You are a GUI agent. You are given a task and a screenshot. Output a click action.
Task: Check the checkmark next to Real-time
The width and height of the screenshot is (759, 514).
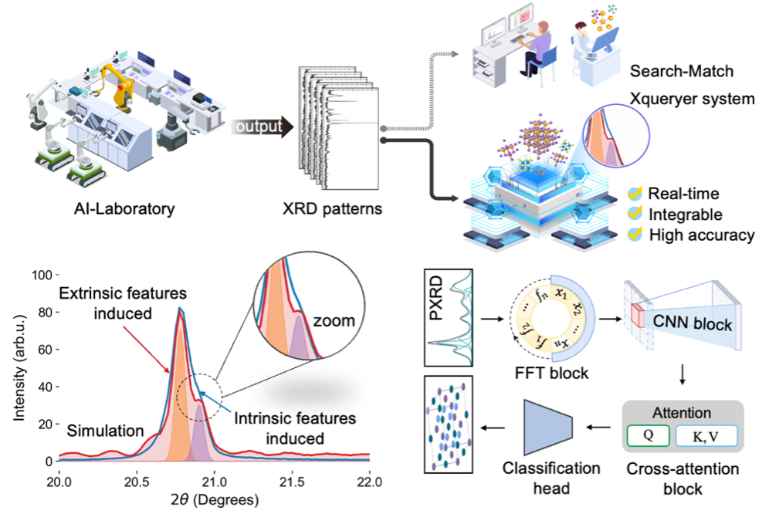point(635,193)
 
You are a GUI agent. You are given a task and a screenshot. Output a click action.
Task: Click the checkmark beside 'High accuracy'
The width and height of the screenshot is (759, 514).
point(635,235)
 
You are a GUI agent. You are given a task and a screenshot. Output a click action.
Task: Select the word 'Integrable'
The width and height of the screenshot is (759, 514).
point(686,214)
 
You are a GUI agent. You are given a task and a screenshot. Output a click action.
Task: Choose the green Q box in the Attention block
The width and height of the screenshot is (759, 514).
point(649,436)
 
